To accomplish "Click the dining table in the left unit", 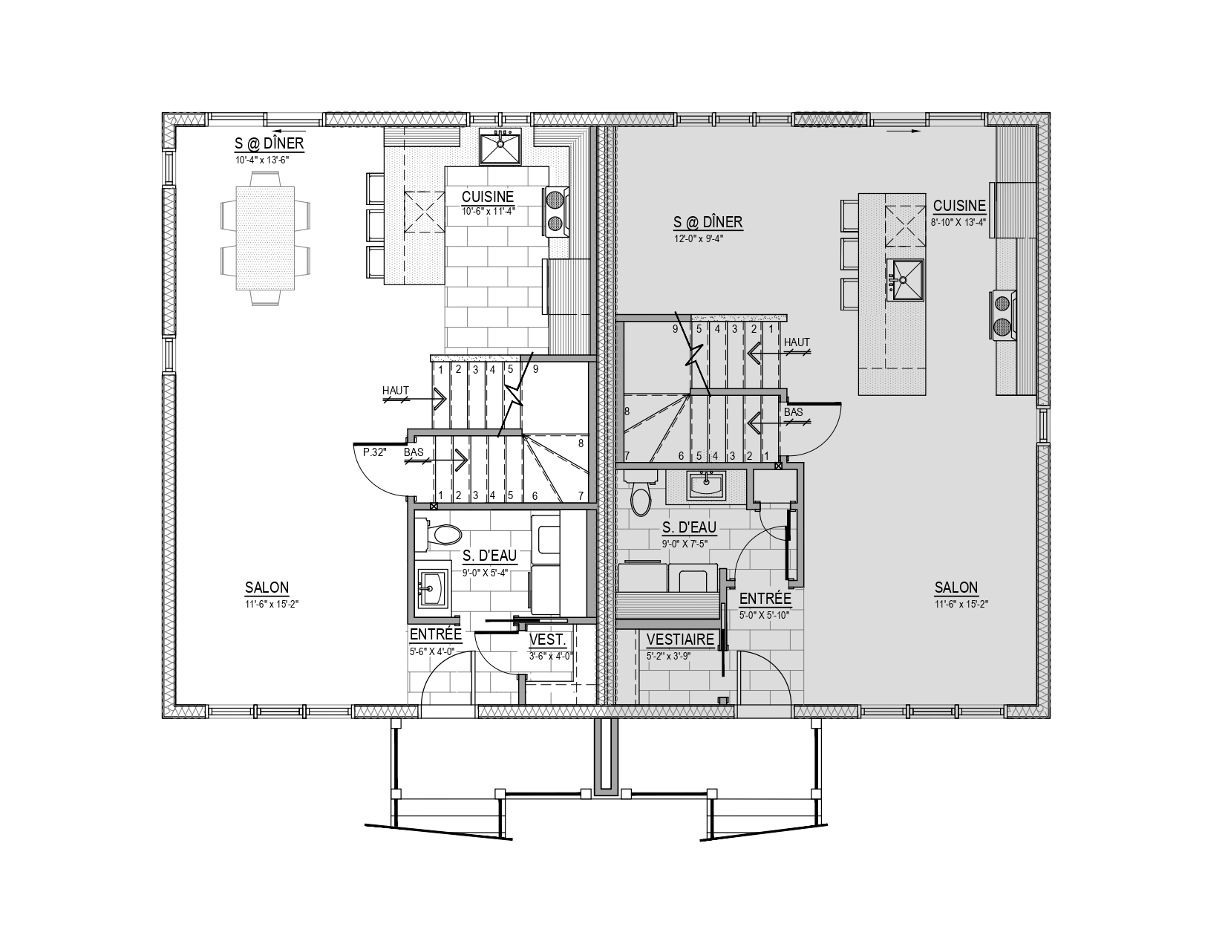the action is (265, 238).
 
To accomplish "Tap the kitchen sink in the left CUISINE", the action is (500, 146).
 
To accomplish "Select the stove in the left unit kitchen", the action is (556, 212).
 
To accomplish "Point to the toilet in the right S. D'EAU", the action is (641, 493).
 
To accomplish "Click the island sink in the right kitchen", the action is (905, 280).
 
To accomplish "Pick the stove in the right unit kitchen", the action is (1004, 315).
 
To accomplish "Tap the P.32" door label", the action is (374, 452).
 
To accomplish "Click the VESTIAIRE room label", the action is (680, 640).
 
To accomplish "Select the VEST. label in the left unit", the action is (547, 640).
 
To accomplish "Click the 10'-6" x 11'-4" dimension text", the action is (489, 212).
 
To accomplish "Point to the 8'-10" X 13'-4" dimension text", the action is (958, 222).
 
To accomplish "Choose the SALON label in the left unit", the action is (267, 588).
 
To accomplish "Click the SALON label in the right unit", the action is (956, 588).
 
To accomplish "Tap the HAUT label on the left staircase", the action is (395, 391).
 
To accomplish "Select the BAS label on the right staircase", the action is (793, 412).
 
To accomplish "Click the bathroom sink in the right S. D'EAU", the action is (706, 485).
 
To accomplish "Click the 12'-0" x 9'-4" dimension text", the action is (699, 238).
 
